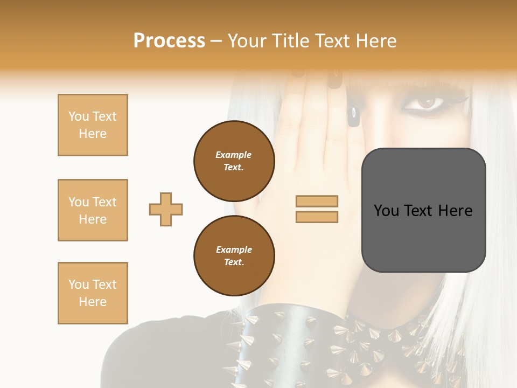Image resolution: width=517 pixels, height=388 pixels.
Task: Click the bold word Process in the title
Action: pos(169,41)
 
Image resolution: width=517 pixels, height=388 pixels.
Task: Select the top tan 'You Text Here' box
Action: pos(93,125)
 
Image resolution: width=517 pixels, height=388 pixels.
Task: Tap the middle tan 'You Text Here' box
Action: pos(93,210)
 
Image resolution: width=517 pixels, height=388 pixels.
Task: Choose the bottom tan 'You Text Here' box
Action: pos(93,293)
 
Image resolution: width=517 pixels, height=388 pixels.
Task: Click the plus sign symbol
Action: pos(166,209)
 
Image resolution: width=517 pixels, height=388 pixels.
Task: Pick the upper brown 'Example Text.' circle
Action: pos(234,161)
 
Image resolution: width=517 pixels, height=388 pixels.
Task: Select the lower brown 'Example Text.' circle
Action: pos(234,256)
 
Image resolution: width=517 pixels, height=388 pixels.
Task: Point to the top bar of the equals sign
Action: pos(317,202)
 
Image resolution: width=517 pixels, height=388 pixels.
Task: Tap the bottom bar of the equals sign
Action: pos(317,217)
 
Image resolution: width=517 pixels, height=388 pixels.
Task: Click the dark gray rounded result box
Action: pos(424,210)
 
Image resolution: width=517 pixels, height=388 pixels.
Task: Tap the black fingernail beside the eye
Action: pos(354,116)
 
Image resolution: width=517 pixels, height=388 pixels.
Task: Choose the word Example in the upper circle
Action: pos(233,155)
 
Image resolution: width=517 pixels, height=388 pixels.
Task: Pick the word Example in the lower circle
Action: pos(234,250)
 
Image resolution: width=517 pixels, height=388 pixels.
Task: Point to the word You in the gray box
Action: pos(386,211)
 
